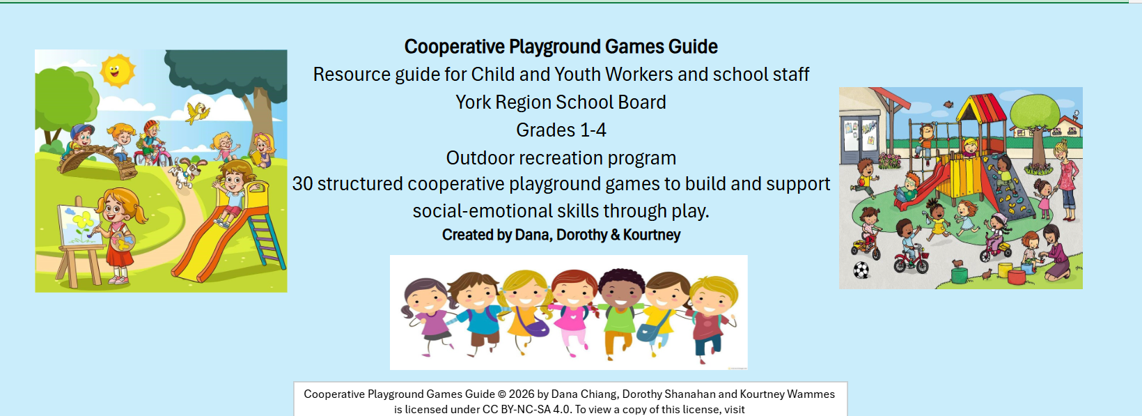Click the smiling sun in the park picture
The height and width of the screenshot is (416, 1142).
point(118,70)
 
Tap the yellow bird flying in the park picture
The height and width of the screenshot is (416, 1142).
point(197,113)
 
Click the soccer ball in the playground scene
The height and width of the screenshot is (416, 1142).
point(861,270)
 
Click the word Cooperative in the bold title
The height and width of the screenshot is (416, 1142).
point(454,47)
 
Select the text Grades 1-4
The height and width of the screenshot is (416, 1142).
point(561,130)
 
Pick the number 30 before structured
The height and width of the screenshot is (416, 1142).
point(302,184)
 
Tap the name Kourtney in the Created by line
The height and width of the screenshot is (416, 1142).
point(652,235)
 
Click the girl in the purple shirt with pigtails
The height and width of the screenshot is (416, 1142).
point(428,316)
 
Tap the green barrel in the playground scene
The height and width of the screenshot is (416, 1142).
point(960,275)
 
